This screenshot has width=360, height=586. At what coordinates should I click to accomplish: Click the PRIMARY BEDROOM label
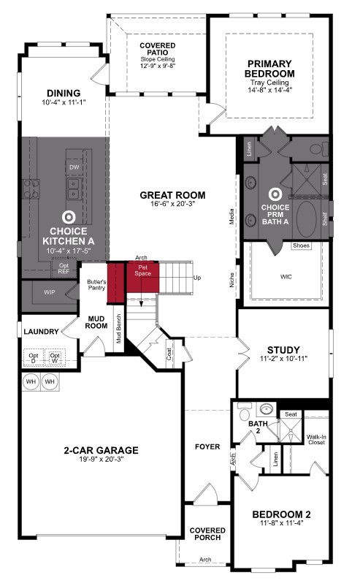(270, 68)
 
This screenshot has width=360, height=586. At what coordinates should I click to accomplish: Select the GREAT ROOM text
(174, 195)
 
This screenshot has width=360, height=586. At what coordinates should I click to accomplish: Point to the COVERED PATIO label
(158, 49)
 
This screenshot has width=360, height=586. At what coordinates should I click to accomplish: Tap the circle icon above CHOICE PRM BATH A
(275, 194)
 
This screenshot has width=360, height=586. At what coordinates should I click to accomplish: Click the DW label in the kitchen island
(74, 167)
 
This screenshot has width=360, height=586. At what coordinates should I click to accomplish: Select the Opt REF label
(64, 267)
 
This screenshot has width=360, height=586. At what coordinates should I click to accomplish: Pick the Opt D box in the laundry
(34, 357)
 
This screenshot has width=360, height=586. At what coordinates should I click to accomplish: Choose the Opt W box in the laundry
(55, 357)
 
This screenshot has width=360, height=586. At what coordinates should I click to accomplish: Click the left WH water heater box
(30, 381)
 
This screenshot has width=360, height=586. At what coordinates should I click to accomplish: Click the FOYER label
(207, 446)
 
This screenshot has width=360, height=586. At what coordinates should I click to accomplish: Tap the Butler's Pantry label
(97, 285)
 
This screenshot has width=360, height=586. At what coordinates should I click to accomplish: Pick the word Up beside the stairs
(196, 278)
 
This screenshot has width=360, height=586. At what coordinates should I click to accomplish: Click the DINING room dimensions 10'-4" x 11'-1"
(63, 104)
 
